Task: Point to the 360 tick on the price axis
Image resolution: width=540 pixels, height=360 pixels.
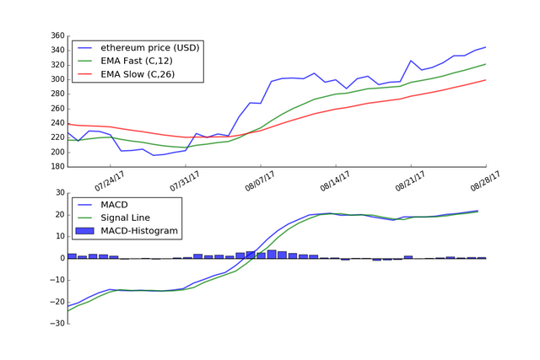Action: pyautogui.click(x=57, y=36)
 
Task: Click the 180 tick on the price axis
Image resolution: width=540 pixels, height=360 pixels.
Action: pyautogui.click(x=57, y=167)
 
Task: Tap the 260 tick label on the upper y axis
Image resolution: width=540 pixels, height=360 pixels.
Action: pyautogui.click(x=57, y=109)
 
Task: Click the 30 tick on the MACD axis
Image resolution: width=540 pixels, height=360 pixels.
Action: pyautogui.click(x=59, y=193)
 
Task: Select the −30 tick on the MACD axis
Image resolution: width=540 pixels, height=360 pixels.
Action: pyautogui.click(x=57, y=324)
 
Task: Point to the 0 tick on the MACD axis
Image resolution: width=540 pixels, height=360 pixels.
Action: pyautogui.click(x=62, y=258)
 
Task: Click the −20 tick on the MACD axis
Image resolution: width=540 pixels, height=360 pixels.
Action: pyautogui.click(x=57, y=302)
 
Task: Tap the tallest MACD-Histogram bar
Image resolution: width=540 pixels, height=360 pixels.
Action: pyautogui.click(x=272, y=254)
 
